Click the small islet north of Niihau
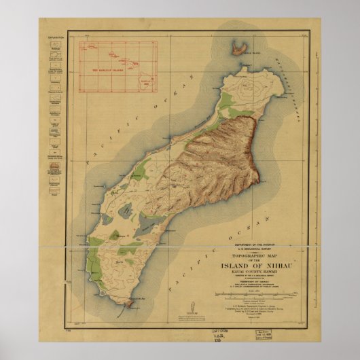(237, 48)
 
